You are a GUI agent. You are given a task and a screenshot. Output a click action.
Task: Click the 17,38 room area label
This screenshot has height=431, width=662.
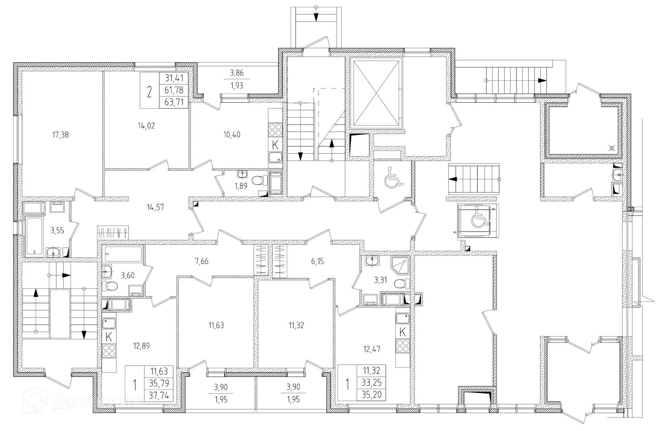point(60,135)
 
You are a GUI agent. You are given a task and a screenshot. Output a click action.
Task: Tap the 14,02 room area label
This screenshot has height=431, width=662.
point(146,126)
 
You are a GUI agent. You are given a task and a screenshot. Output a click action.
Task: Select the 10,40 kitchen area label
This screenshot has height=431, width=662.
point(232,135)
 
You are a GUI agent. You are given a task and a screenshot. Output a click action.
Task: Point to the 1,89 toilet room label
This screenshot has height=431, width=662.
point(241,186)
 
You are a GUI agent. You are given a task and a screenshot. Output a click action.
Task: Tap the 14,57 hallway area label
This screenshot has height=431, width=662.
point(155,207)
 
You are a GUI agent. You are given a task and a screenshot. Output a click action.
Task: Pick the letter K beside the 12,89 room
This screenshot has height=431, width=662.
point(109,337)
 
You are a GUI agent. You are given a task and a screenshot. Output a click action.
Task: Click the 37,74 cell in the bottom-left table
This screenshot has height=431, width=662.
point(159,395)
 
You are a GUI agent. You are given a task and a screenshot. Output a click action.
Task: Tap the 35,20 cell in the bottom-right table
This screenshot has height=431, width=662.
point(371,394)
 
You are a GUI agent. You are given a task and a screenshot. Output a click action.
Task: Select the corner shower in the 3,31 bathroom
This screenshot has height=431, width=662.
point(400,265)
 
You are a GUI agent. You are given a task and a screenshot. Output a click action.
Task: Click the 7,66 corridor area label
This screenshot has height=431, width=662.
point(202,261)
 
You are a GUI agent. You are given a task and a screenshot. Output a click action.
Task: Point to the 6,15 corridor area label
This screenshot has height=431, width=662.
point(318,261)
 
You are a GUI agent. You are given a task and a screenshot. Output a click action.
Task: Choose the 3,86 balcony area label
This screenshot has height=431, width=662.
point(237,73)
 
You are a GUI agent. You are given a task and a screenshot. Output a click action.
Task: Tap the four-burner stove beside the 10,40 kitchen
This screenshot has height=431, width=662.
point(275,129)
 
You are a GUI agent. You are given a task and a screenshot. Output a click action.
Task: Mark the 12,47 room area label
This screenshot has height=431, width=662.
point(372,349)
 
